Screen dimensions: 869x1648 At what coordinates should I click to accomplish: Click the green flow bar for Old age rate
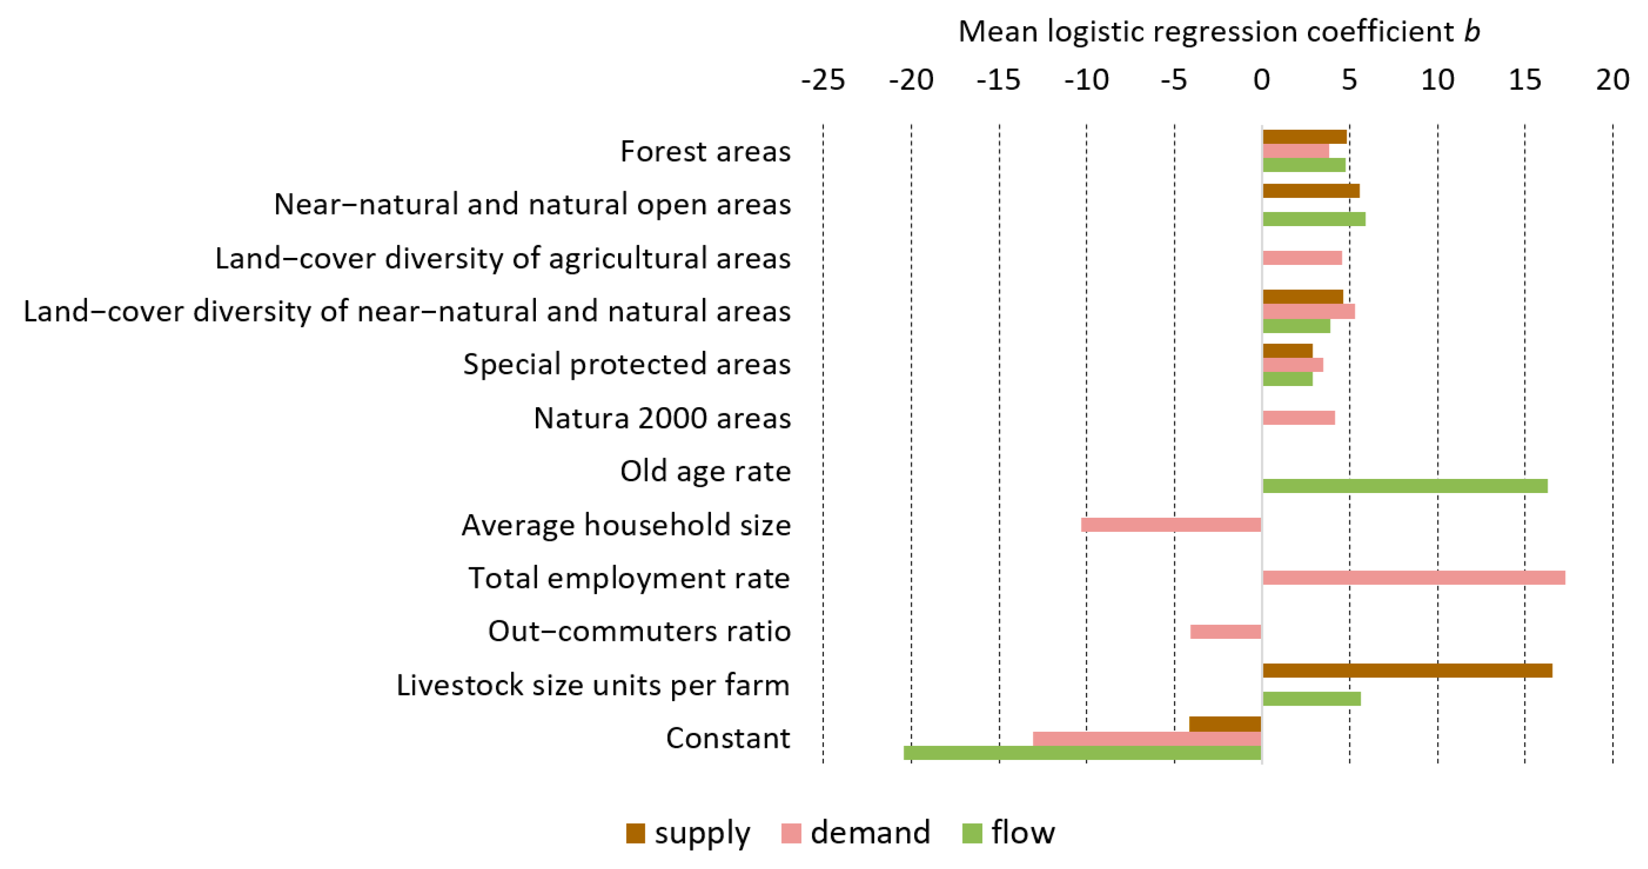pyautogui.click(x=1404, y=485)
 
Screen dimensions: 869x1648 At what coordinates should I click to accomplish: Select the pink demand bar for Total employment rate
pyautogui.click(x=1413, y=578)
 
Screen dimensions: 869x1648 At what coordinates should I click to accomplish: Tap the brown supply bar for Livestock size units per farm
pyautogui.click(x=1407, y=671)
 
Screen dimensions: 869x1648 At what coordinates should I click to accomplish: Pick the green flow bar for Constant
pyautogui.click(x=1082, y=753)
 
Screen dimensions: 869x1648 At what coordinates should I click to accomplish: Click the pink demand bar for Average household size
pyautogui.click(x=1171, y=525)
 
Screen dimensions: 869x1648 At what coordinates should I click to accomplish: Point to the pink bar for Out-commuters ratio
pyautogui.click(x=1225, y=632)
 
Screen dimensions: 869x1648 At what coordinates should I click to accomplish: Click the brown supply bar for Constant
pyautogui.click(x=1225, y=724)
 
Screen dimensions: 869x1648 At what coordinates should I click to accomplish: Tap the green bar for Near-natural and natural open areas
pyautogui.click(x=1313, y=219)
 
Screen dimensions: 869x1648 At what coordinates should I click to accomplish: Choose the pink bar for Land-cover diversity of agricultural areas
pyautogui.click(x=1302, y=258)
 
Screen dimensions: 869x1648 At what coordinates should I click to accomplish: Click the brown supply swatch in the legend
pyautogui.click(x=635, y=834)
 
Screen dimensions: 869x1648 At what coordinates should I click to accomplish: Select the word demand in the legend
pyautogui.click(x=869, y=833)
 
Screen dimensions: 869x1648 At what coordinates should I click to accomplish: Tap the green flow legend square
pyautogui.click(x=972, y=834)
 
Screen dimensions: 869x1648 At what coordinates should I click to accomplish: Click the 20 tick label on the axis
pyautogui.click(x=1612, y=80)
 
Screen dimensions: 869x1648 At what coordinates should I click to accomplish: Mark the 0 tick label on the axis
pyautogui.click(x=1261, y=80)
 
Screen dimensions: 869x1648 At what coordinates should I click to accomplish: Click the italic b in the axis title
pyautogui.click(x=1472, y=31)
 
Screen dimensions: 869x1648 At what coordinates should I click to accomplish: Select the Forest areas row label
pyautogui.click(x=705, y=152)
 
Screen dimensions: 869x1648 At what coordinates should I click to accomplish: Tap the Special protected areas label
pyautogui.click(x=626, y=364)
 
